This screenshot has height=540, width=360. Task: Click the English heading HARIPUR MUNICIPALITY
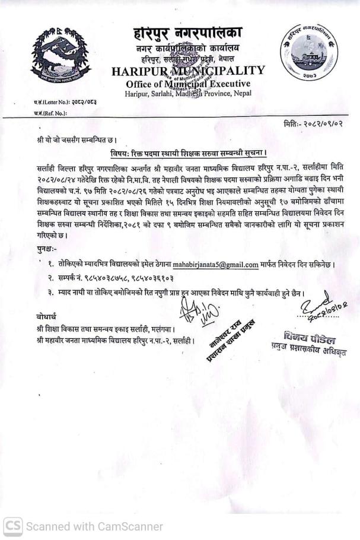pyautogui.click(x=187, y=72)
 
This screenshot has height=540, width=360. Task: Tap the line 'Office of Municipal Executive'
pyautogui.click(x=187, y=84)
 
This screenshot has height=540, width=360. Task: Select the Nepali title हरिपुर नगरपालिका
pyautogui.click(x=188, y=33)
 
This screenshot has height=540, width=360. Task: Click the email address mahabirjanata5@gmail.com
pyautogui.click(x=215, y=265)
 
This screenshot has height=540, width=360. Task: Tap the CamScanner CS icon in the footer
pyautogui.click(x=12, y=526)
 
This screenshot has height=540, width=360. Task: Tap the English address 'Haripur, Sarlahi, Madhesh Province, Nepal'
pyautogui.click(x=188, y=94)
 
